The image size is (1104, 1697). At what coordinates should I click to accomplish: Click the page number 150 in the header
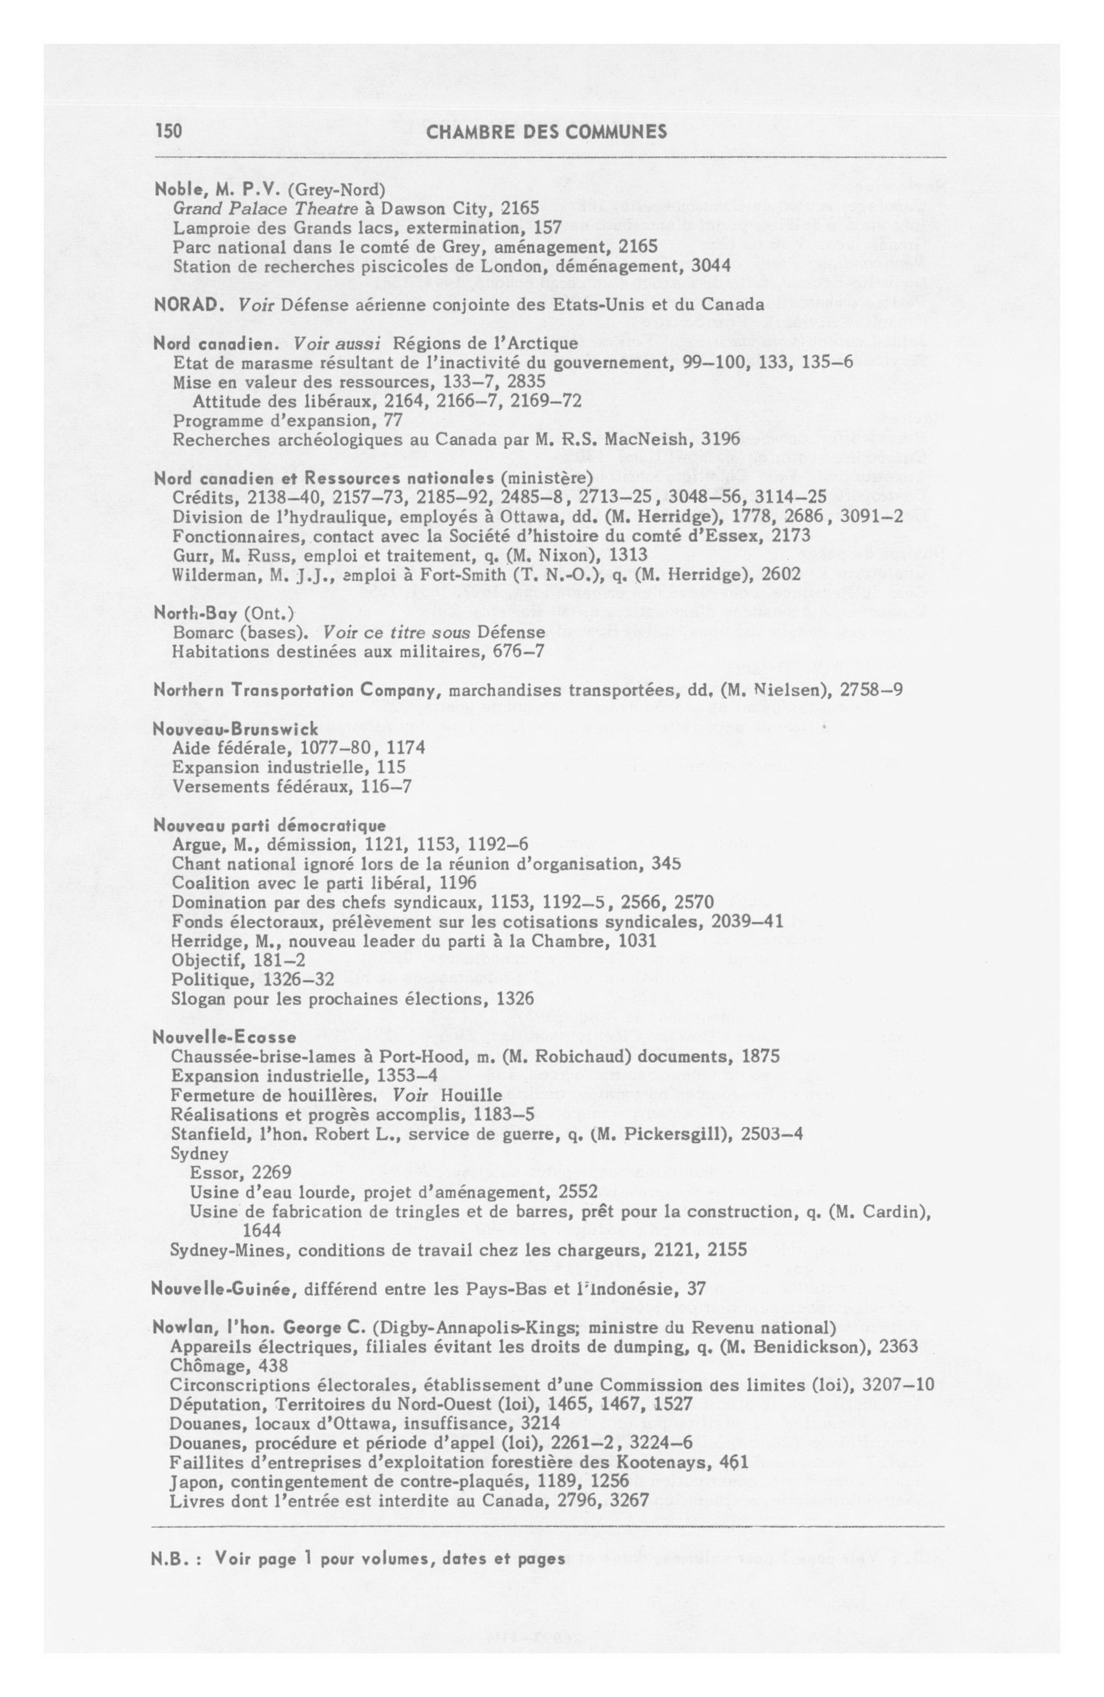(x=169, y=131)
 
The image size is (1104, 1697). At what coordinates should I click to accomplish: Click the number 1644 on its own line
(x=262, y=1230)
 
